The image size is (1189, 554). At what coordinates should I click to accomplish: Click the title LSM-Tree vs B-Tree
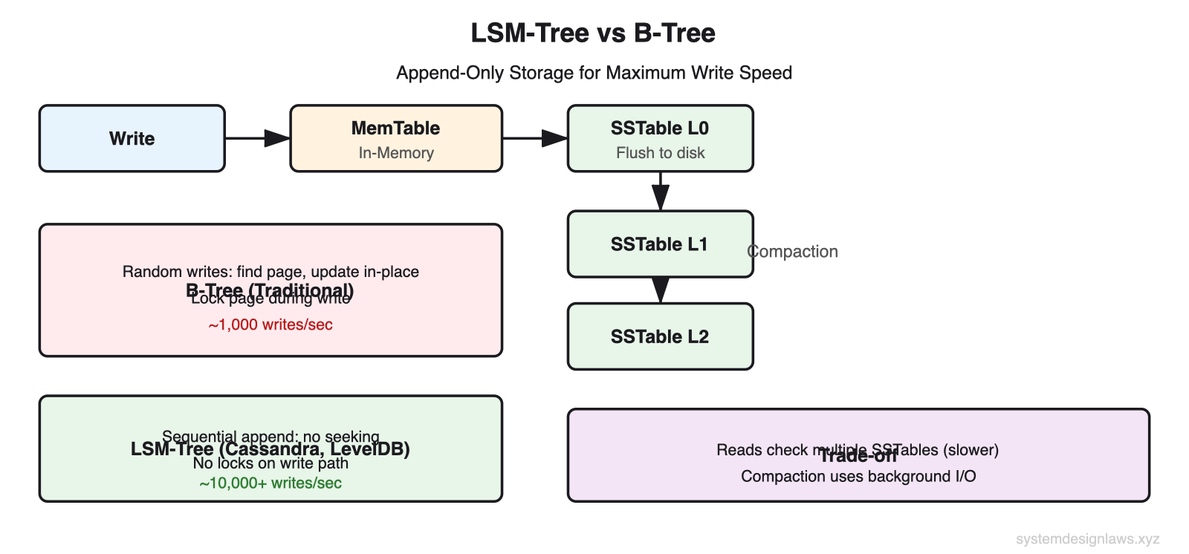point(593,33)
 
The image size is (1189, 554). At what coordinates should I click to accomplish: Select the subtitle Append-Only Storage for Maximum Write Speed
point(594,73)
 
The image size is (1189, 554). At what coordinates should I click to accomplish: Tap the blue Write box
point(132,139)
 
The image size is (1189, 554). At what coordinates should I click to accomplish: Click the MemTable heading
point(395,128)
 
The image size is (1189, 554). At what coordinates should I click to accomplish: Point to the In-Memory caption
point(395,153)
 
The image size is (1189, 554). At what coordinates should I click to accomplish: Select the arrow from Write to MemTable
point(257,138)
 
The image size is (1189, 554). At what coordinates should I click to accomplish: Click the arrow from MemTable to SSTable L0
point(535,138)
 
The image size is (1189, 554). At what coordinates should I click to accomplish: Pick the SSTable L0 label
point(659,128)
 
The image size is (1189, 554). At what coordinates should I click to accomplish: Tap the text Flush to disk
point(660,153)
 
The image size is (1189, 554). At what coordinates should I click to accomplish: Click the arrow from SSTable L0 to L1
point(660,192)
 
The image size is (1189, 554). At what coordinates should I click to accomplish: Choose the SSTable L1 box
point(660,244)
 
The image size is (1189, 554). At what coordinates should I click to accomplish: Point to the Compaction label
point(793,252)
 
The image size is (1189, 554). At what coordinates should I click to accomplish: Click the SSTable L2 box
point(660,336)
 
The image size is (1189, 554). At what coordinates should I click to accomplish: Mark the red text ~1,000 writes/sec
point(270,325)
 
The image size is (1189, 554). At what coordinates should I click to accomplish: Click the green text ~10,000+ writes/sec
point(270,483)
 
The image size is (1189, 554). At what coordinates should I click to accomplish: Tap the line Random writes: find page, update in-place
point(270,271)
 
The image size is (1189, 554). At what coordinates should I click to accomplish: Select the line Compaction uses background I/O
point(858,476)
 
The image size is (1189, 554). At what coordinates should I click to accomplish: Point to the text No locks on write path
point(270,463)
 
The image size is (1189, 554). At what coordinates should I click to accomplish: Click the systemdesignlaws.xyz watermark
point(1087,539)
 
